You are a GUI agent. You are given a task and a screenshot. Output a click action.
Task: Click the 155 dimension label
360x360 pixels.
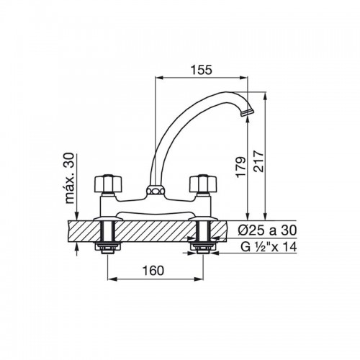[202, 70]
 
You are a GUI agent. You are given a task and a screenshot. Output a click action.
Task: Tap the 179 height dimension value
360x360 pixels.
[240, 167]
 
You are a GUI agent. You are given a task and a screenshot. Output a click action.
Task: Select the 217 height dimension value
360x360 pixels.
[258, 161]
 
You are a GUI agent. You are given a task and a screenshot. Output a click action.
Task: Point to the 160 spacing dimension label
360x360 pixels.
[153, 271]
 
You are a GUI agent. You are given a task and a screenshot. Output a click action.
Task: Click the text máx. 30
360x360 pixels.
[71, 178]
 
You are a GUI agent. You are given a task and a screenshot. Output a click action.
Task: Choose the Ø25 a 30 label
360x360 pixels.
[267, 230]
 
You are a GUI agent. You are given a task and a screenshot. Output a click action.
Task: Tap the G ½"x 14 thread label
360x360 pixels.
[269, 247]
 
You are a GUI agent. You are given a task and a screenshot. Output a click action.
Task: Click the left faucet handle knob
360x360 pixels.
[108, 183]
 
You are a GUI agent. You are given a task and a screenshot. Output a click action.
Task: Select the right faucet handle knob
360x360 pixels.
[203, 183]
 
